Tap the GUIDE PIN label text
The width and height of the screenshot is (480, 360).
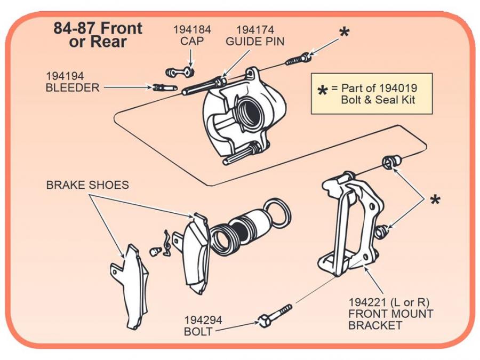point(255,42)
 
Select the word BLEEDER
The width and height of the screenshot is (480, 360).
point(73,87)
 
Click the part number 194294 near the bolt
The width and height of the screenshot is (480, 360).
point(203,321)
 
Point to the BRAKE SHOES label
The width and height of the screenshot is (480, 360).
point(87,186)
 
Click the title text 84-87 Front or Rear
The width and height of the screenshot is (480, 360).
point(98,35)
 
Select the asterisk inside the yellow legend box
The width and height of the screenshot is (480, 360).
point(322,92)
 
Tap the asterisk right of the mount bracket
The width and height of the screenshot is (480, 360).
point(435,201)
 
